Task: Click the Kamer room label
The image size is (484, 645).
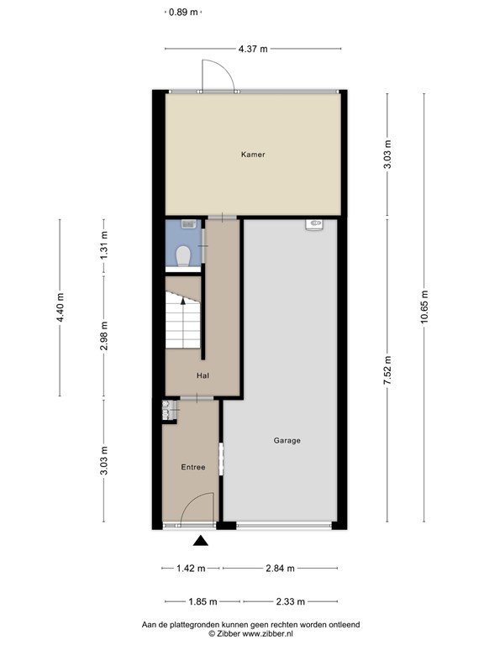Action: pyautogui.click(x=253, y=155)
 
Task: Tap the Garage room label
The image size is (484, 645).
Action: pyautogui.click(x=287, y=441)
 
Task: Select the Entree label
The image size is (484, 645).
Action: pyautogui.click(x=193, y=467)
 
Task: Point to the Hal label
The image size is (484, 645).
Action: pyautogui.click(x=203, y=375)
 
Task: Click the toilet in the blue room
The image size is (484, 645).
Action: pyautogui.click(x=183, y=256)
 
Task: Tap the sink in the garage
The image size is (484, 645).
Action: pyautogui.click(x=314, y=224)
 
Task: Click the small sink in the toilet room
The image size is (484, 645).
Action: pyautogui.click(x=188, y=224)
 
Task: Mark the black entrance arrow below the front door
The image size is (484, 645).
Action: pyautogui.click(x=201, y=541)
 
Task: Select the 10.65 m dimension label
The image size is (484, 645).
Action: pyautogui.click(x=424, y=307)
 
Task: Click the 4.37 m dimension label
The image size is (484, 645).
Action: pyautogui.click(x=253, y=49)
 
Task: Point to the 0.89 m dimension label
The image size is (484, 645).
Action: pyautogui.click(x=183, y=13)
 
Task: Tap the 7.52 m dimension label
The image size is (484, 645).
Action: pyautogui.click(x=387, y=370)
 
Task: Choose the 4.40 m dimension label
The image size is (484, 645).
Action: pyautogui.click(x=60, y=307)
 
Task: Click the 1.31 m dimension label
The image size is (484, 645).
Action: pyautogui.click(x=103, y=245)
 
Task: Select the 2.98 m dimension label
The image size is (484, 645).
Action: pyautogui.click(x=103, y=336)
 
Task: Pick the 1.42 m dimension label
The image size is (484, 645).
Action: pyautogui.click(x=191, y=569)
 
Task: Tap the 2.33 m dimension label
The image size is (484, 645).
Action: pyautogui.click(x=291, y=602)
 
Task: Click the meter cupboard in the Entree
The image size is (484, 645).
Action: pyautogui.click(x=170, y=411)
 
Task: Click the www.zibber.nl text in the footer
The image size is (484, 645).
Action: pyautogui.click(x=267, y=634)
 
